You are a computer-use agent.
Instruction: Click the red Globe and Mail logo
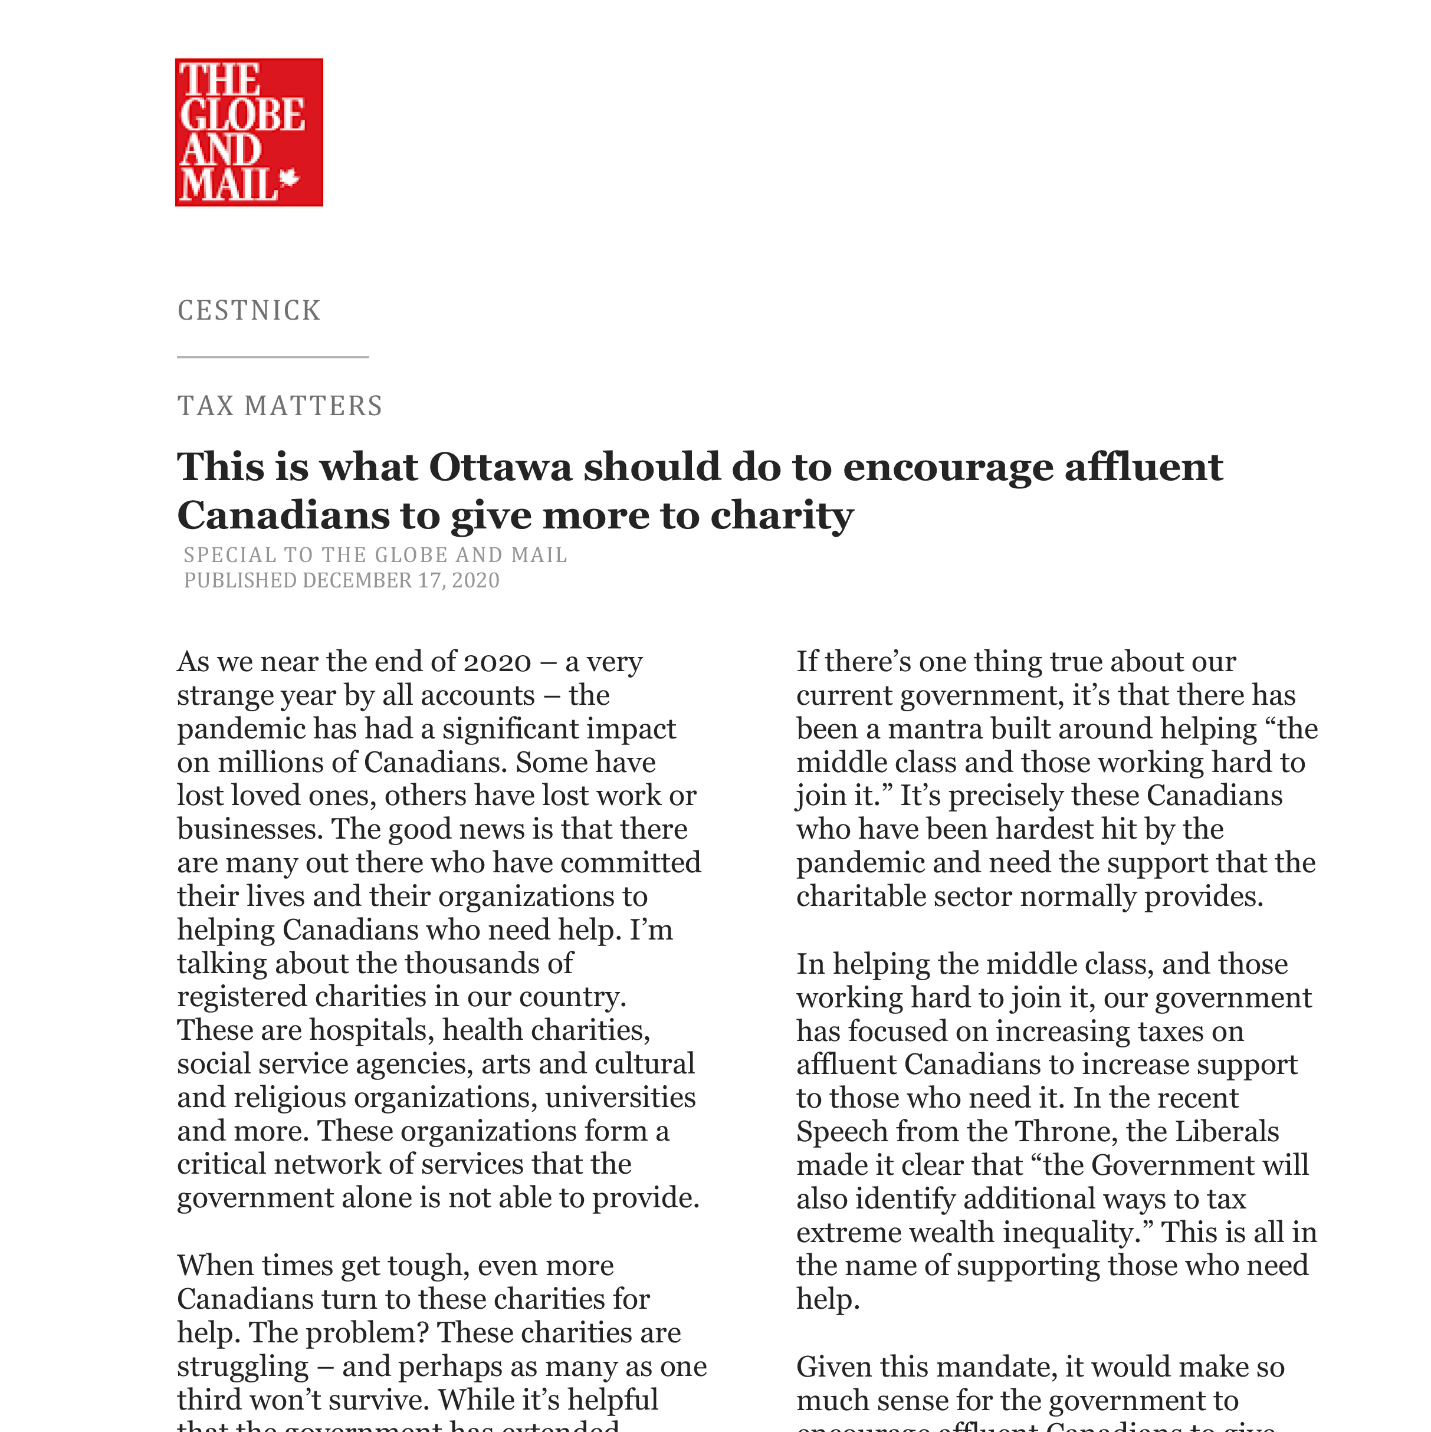coord(248,132)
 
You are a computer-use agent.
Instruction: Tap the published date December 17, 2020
coord(401,580)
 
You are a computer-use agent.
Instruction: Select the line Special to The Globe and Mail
coord(375,555)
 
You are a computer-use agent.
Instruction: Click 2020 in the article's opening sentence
coord(497,662)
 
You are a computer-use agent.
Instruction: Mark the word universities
coord(621,1097)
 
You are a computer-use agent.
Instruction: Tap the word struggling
coord(242,1366)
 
